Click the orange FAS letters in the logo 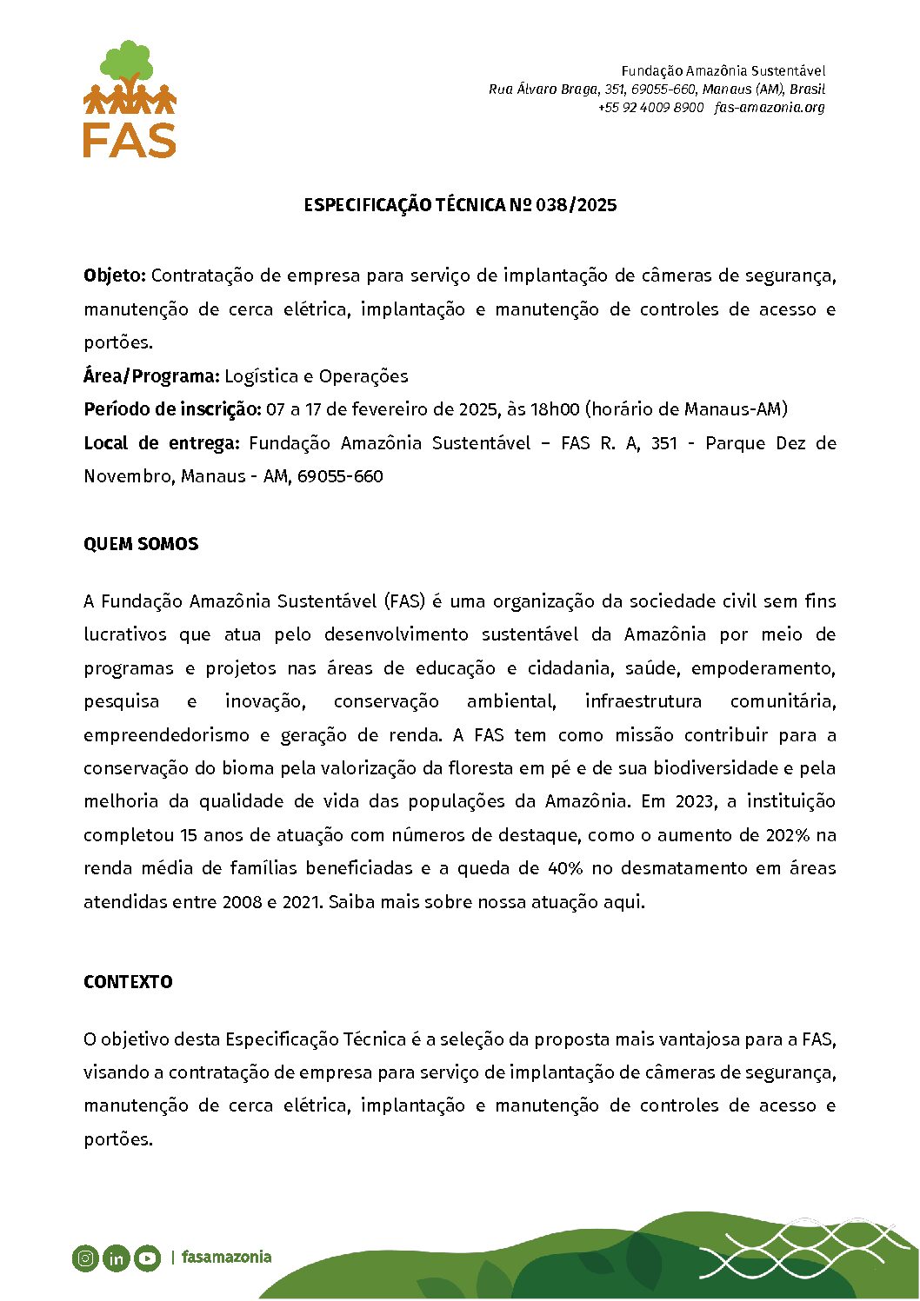click(x=130, y=139)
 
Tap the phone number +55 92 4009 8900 click(x=650, y=108)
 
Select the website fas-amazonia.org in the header click(x=770, y=108)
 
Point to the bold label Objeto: click(x=115, y=275)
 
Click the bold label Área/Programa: click(x=151, y=376)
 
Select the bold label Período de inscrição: click(x=172, y=409)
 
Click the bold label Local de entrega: click(x=162, y=443)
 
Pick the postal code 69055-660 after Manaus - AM click(x=340, y=476)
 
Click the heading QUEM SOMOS click(x=141, y=544)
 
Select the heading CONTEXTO click(x=128, y=982)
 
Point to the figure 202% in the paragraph click(x=788, y=835)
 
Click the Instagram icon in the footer click(x=85, y=1258)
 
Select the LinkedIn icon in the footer click(x=116, y=1258)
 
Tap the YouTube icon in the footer click(x=147, y=1258)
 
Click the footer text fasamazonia click(x=226, y=1258)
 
